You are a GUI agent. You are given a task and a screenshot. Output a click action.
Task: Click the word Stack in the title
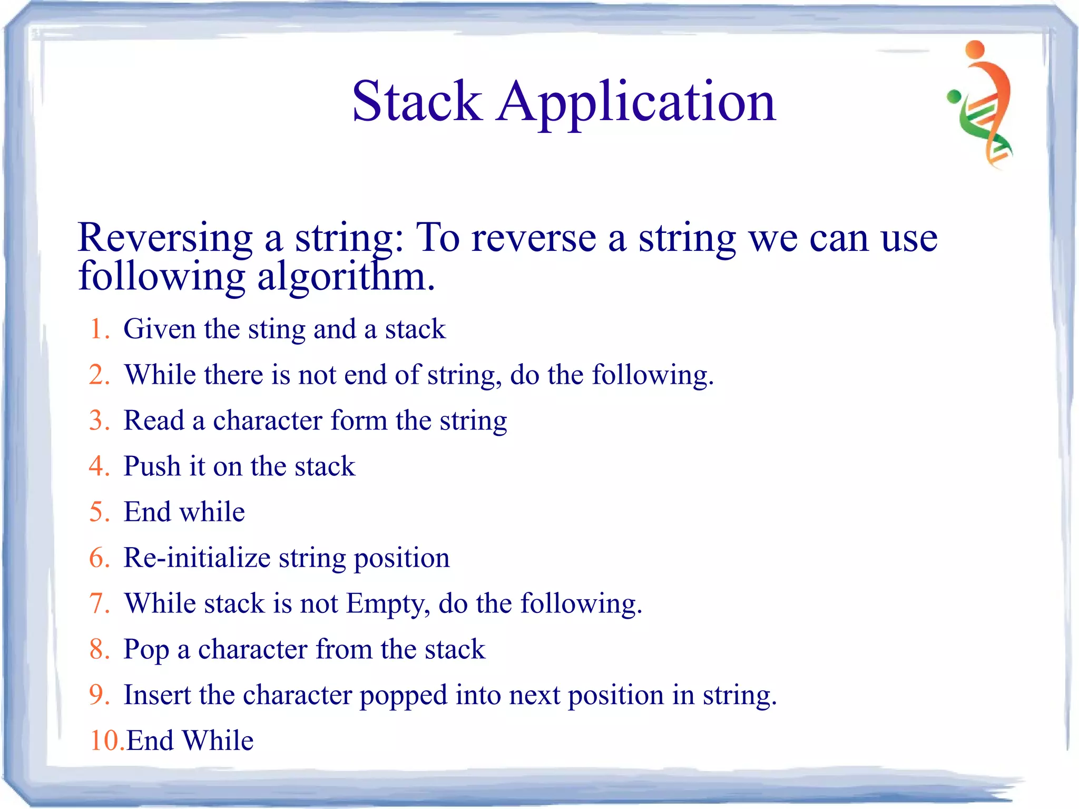[416, 101]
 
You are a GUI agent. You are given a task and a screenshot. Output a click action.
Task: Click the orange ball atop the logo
[975, 50]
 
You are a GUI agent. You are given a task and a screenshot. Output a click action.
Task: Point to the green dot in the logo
[954, 96]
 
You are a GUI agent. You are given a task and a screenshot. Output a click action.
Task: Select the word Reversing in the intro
[165, 239]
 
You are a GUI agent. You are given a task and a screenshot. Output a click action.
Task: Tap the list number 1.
[99, 329]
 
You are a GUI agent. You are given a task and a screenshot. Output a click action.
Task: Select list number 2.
[99, 375]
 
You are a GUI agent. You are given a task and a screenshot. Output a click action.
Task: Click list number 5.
[99, 512]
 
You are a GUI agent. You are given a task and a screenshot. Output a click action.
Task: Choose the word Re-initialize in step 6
[197, 558]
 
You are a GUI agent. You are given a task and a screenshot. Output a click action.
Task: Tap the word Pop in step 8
[146, 650]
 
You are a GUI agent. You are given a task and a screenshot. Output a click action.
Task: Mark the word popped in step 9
[403, 696]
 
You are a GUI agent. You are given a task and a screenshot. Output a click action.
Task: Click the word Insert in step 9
[157, 695]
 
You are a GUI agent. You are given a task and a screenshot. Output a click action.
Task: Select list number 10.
[105, 741]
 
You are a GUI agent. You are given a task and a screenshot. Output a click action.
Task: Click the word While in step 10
[218, 741]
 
